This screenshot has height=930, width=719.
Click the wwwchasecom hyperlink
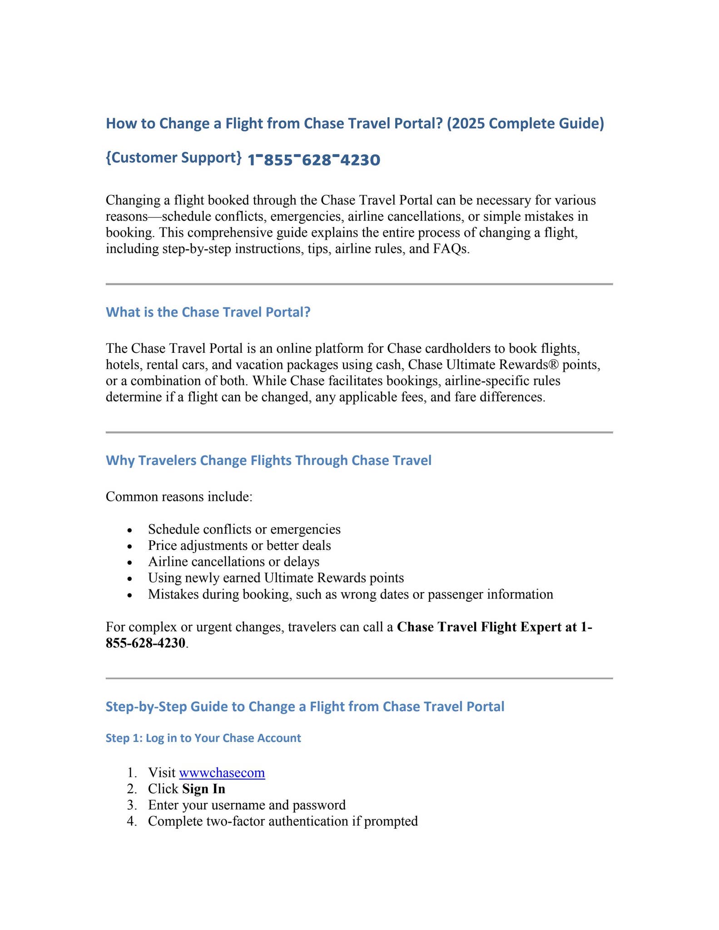tap(222, 772)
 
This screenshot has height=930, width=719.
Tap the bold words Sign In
tap(203, 789)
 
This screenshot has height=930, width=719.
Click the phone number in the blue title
tap(314, 160)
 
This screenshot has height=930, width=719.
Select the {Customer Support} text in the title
tap(174, 158)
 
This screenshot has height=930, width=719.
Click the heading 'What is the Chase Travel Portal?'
tap(208, 312)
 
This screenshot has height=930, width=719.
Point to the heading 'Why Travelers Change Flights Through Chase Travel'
tap(268, 460)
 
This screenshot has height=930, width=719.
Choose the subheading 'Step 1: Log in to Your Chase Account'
tap(203, 738)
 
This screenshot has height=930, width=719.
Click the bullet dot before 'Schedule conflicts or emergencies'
tap(130, 530)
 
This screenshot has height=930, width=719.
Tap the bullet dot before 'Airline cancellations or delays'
tap(130, 563)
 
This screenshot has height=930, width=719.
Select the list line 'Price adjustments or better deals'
tap(239, 545)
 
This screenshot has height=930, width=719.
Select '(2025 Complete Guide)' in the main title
tap(525, 124)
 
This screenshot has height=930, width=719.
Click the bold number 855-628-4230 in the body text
tap(145, 643)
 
